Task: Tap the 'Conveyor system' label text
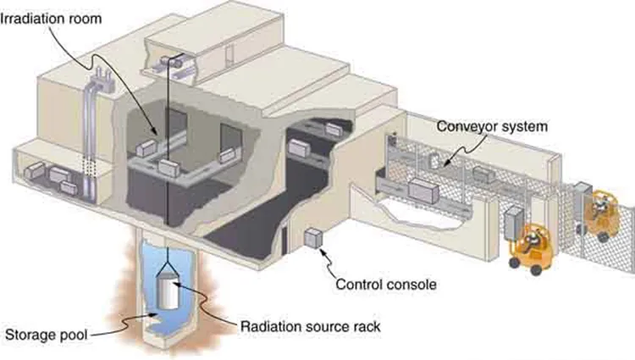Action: tap(492, 126)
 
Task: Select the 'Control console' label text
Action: tap(386, 285)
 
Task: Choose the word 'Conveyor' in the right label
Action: tap(467, 126)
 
